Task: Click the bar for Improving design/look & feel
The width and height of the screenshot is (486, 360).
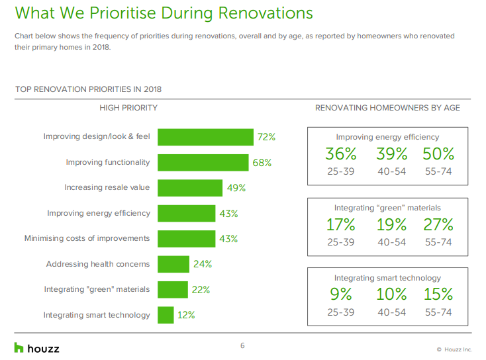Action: click(x=205, y=137)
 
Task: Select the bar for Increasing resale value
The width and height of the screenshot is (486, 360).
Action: click(x=190, y=188)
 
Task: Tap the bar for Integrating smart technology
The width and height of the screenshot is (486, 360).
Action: click(x=166, y=315)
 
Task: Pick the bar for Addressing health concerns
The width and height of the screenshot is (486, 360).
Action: click(x=173, y=264)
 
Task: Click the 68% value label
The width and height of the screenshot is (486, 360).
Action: click(x=262, y=163)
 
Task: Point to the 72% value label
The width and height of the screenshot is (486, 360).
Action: click(x=266, y=137)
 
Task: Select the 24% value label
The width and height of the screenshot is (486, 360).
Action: click(x=203, y=264)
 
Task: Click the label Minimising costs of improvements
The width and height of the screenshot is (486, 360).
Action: click(x=87, y=238)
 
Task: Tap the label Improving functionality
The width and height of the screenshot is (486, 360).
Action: click(x=108, y=162)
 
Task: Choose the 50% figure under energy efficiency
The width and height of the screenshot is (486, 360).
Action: click(x=438, y=154)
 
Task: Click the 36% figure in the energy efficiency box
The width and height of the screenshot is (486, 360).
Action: click(x=341, y=154)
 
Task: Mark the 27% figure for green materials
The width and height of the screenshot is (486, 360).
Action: click(x=438, y=224)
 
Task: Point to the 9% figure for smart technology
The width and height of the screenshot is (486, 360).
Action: click(x=341, y=294)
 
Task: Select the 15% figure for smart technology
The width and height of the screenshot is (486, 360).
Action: click(x=438, y=294)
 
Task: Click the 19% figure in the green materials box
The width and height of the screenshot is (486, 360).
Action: click(x=391, y=224)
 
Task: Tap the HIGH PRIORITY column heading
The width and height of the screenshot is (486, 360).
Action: click(x=128, y=108)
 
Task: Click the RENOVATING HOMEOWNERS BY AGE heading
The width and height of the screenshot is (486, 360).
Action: click(x=387, y=108)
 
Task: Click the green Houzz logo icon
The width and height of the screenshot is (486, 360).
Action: click(x=19, y=347)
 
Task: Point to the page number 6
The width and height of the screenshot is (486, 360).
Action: click(x=242, y=345)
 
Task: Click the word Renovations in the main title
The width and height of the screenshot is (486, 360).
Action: click(x=266, y=13)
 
